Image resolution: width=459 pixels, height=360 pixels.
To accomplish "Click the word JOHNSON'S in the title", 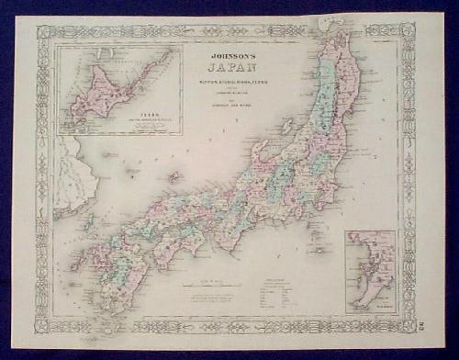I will click(226, 56).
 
